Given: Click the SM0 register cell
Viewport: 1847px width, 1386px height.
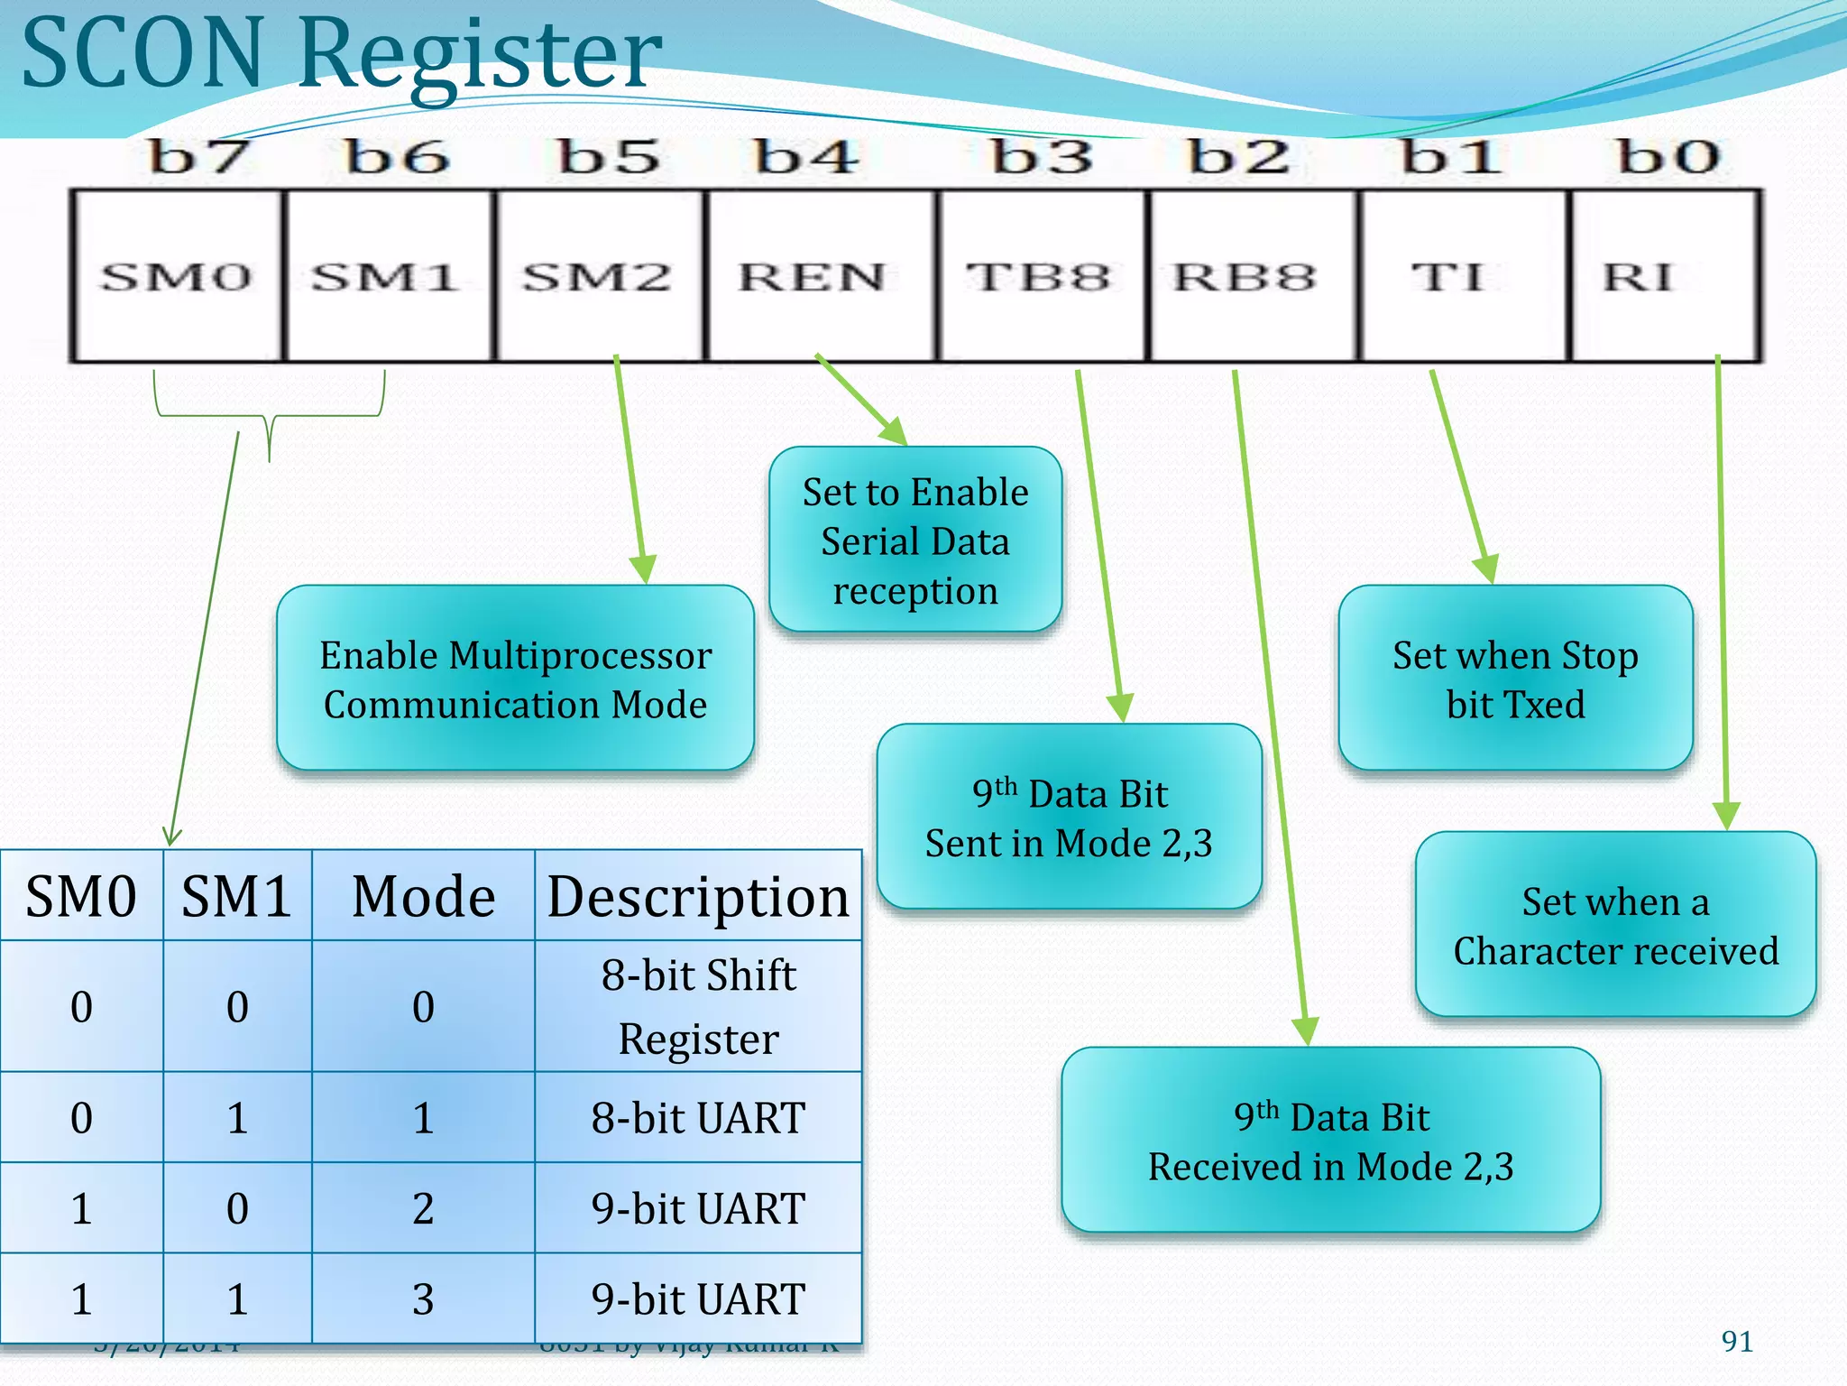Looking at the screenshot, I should click(x=177, y=276).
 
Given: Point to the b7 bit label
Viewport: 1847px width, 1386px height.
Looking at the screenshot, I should click(x=198, y=158).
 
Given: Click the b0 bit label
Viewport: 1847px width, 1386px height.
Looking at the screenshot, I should click(x=1668, y=158).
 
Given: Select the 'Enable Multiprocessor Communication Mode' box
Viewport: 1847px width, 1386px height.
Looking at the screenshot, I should click(x=515, y=679).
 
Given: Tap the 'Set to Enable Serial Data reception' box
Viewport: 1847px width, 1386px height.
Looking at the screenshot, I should click(x=915, y=541).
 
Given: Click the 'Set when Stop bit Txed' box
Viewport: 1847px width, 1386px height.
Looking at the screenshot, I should click(x=1515, y=679).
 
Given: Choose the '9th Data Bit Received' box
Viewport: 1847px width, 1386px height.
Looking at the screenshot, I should click(x=1331, y=1141).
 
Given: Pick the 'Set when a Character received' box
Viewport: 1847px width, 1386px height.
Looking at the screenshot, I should click(x=1615, y=925).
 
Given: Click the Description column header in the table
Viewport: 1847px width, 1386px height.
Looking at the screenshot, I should click(x=698, y=897).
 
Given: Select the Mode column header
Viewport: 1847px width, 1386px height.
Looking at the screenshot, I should click(x=423, y=897).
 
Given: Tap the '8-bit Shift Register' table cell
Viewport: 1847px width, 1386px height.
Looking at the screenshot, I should click(x=698, y=1007).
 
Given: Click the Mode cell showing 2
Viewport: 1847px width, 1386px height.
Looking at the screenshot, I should click(x=423, y=1208).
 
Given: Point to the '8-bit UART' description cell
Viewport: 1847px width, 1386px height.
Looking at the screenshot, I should click(x=698, y=1118).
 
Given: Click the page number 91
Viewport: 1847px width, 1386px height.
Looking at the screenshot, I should click(x=1737, y=1342).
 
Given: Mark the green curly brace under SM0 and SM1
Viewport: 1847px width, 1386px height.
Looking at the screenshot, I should click(x=269, y=417).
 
